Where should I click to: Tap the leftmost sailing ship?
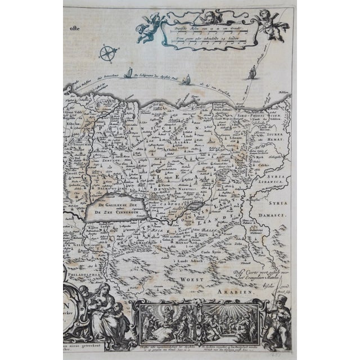tap(129, 73)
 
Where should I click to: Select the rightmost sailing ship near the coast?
tap(251, 71)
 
